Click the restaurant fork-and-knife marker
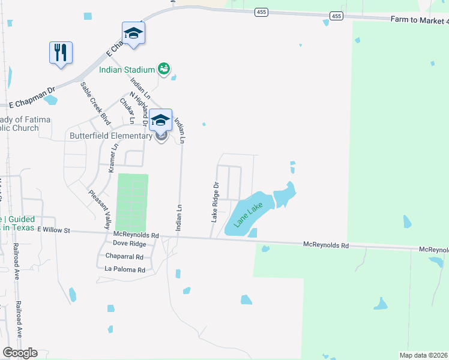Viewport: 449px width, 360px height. [61, 52]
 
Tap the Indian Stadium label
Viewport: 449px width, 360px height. [127, 70]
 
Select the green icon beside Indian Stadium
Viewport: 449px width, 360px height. [163, 69]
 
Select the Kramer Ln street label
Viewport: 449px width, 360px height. [112, 158]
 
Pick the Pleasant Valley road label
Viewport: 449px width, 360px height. [100, 209]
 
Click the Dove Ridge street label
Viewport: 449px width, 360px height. [129, 244]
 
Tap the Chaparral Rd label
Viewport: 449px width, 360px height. [124, 256]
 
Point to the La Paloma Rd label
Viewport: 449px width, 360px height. [125, 270]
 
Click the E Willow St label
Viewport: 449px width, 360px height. [53, 230]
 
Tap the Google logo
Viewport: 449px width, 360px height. [19, 352]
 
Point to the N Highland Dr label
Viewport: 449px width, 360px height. [137, 104]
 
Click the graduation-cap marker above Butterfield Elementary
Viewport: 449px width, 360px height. [160, 120]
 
